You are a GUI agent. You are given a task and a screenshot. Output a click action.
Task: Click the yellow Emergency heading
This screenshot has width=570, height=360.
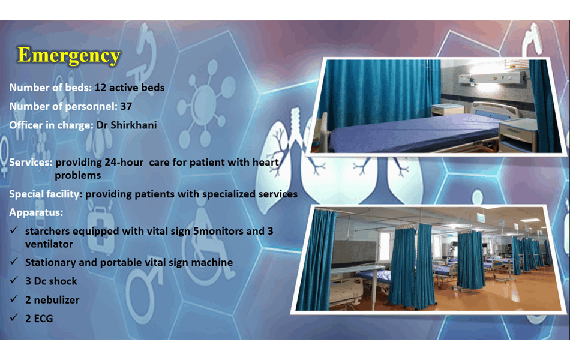[69, 56]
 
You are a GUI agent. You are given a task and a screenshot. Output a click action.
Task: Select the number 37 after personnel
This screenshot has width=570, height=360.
[126, 106]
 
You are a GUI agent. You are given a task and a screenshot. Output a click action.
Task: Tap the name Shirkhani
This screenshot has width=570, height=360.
[133, 125]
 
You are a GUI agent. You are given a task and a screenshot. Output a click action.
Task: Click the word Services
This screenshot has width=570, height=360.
[31, 162]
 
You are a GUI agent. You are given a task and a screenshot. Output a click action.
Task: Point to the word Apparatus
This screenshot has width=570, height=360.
[36, 212]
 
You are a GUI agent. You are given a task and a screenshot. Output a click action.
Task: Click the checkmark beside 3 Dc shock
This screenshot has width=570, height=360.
[14, 280]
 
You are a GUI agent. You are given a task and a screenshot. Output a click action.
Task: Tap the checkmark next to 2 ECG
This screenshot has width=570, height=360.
[14, 317]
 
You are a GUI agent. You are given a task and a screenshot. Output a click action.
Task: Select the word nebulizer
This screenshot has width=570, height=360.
[57, 300]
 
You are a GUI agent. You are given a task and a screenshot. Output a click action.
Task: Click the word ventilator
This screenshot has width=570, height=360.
[49, 244]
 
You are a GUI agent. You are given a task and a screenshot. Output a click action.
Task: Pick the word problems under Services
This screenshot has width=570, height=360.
[78, 175]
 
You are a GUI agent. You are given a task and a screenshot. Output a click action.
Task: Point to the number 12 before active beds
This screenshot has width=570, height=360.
[100, 88]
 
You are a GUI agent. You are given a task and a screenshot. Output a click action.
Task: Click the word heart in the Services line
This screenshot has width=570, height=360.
[266, 162]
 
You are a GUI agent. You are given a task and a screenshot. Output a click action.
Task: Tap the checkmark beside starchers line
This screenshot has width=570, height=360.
[14, 230]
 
